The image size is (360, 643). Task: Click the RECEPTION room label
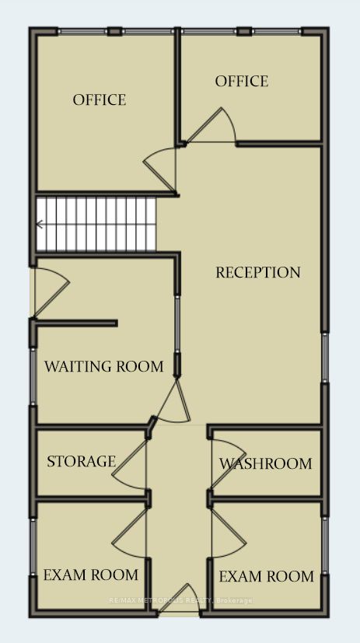pos(258,273)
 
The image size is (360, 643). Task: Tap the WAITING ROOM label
pos(103,366)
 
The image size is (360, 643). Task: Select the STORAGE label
pos(81,461)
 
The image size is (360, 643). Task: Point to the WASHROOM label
pos(266,464)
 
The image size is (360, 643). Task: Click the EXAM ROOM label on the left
pos(91,575)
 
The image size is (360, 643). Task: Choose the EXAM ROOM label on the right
pos(266,577)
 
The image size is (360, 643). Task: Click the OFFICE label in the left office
pos(100,100)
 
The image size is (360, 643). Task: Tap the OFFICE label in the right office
pos(242,81)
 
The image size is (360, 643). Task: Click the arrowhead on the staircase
pos(40,225)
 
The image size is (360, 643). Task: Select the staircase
pos(96,225)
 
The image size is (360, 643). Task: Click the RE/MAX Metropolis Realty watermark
pos(180,600)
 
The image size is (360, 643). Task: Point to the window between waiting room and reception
pos(177,324)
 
